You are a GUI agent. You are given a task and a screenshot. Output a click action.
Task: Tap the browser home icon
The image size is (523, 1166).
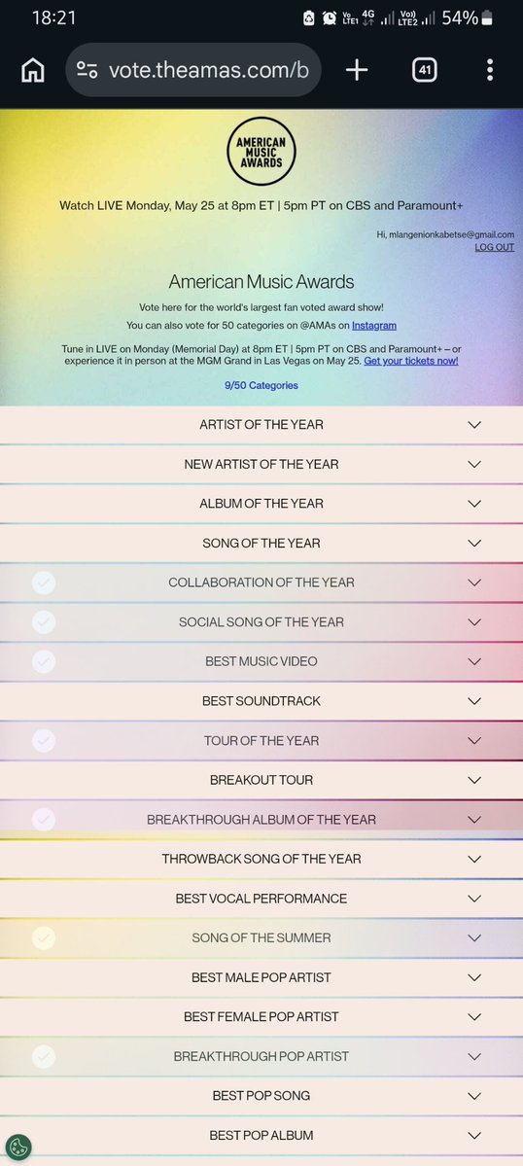tap(32, 70)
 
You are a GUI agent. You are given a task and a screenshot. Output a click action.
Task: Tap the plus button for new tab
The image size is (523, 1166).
tap(357, 70)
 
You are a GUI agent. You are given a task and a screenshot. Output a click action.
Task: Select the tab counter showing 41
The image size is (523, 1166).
tap(424, 70)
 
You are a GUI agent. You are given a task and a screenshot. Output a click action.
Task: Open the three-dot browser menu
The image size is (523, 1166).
tap(490, 70)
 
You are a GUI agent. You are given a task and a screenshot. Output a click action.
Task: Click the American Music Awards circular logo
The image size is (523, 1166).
tap(261, 151)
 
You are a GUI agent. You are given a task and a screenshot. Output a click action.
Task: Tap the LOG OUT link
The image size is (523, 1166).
tap(494, 247)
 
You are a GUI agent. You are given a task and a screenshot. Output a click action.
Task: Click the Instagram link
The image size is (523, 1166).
tap(374, 325)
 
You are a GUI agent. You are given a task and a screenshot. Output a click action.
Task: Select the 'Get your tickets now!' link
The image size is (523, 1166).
tap(411, 361)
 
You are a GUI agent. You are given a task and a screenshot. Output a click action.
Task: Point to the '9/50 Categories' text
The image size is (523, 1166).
tap(261, 385)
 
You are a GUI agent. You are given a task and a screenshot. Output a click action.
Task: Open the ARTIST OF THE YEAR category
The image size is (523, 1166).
tap(261, 425)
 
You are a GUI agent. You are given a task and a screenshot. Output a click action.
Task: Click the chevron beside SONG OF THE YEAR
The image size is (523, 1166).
tap(474, 543)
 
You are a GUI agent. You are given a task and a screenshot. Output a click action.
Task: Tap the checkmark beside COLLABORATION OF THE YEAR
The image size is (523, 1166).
tap(43, 583)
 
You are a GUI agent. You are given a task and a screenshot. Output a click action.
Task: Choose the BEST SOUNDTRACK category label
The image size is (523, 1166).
tap(261, 701)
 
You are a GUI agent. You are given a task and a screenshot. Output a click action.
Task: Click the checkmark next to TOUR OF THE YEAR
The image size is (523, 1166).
tap(43, 740)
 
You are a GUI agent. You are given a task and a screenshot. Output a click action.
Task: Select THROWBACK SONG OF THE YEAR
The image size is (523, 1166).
tap(261, 859)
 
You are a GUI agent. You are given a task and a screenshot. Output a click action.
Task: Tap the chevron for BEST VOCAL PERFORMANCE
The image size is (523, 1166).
tap(474, 899)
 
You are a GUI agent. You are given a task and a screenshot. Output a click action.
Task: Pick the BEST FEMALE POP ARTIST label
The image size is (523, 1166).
tap(261, 1016)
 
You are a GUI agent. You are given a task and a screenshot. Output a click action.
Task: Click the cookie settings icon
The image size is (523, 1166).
tap(18, 1147)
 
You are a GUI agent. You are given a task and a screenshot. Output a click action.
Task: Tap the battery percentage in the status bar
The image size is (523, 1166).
tap(458, 18)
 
